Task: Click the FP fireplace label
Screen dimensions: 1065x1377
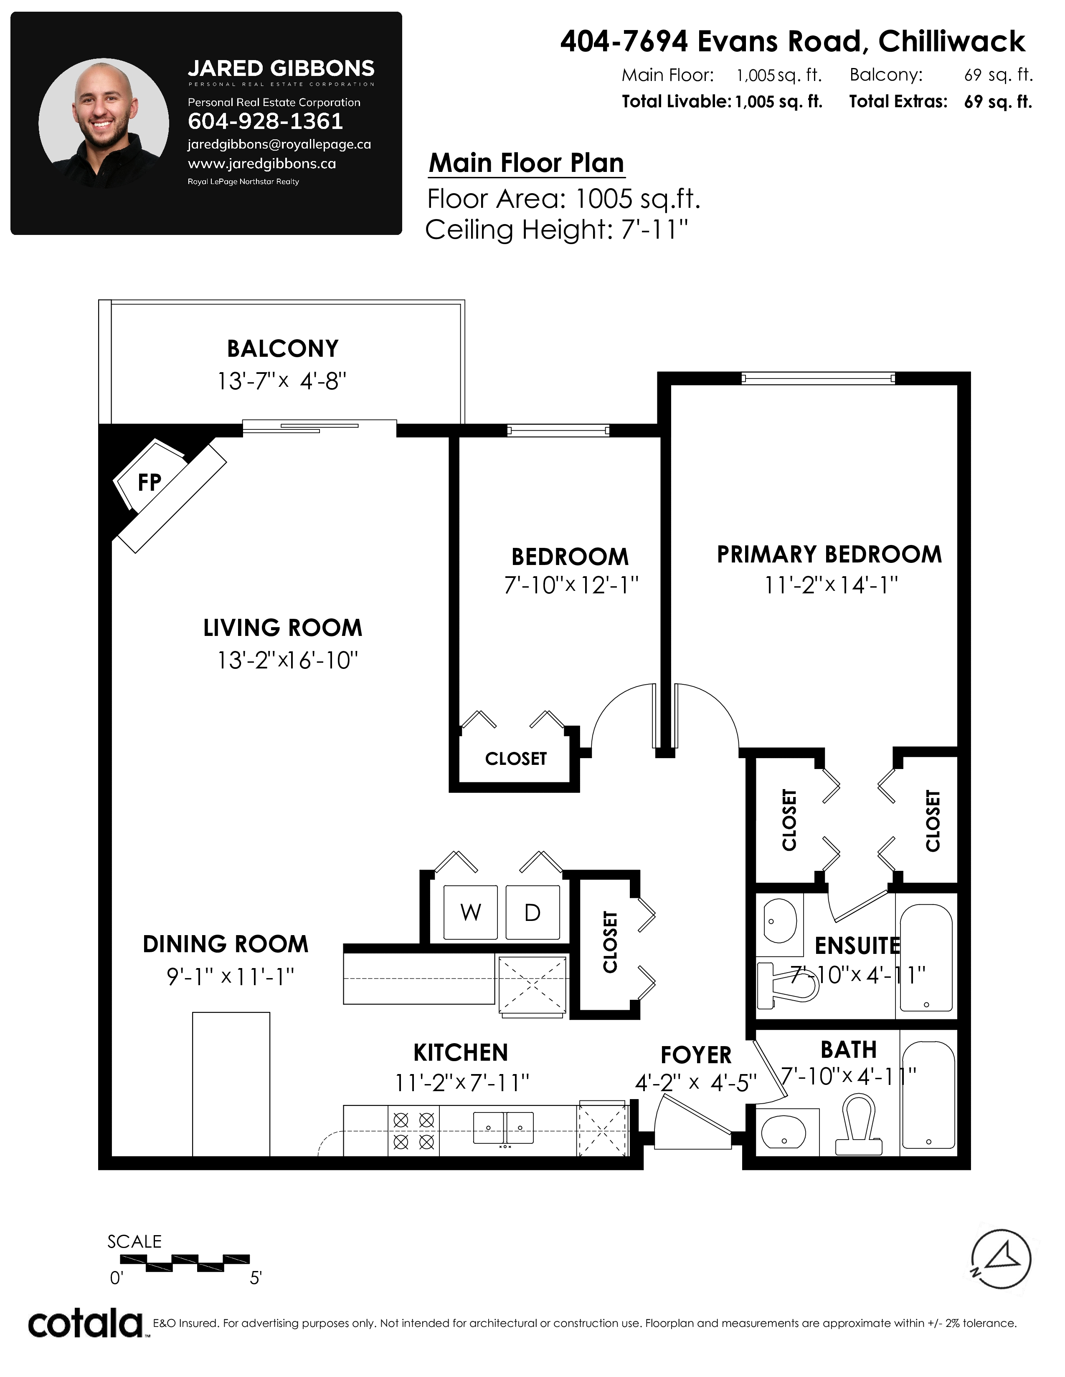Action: pyautogui.click(x=150, y=482)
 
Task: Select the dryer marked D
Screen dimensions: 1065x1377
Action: pyautogui.click(x=532, y=912)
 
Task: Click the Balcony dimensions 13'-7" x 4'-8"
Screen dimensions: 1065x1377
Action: pyautogui.click(x=282, y=381)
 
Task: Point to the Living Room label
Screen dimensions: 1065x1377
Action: pyautogui.click(x=283, y=628)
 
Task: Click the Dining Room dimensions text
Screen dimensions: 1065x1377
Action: pyautogui.click(x=230, y=977)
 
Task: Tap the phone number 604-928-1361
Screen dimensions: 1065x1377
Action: pyautogui.click(x=266, y=121)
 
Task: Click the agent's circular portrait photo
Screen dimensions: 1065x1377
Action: pyautogui.click(x=104, y=124)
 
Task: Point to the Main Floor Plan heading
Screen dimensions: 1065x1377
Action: pyautogui.click(x=526, y=163)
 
